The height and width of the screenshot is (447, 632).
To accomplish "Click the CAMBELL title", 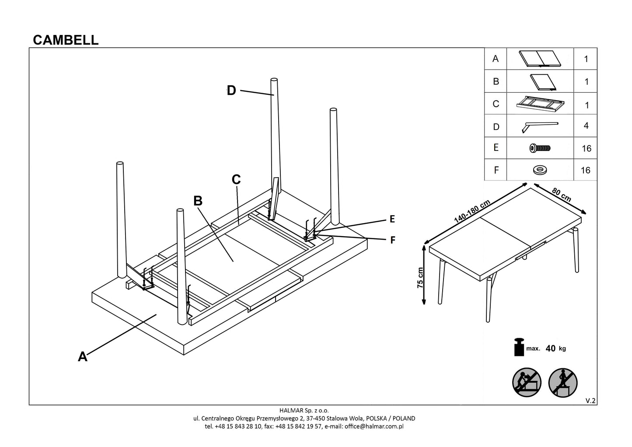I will [66, 40].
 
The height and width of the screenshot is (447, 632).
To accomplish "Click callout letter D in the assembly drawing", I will [231, 91].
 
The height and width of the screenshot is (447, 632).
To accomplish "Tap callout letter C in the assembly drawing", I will [236, 179].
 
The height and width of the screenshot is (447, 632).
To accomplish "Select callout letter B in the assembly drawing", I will [198, 201].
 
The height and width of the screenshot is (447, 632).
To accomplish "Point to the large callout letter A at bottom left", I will [83, 357].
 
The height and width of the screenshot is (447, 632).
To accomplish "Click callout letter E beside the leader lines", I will [392, 219].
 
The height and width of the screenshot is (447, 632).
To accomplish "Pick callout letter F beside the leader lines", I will [392, 240].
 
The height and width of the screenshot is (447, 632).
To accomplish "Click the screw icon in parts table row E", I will [540, 148].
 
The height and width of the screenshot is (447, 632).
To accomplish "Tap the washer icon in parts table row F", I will [540, 170].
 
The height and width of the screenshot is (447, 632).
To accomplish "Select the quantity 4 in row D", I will [586, 126].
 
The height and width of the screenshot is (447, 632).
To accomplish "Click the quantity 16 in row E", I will [586, 149].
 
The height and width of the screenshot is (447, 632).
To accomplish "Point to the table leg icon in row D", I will [540, 126].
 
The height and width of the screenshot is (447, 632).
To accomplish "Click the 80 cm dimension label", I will [561, 195].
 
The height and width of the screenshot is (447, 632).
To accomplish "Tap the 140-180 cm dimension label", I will [472, 212].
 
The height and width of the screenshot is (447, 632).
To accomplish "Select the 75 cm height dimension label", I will [420, 277].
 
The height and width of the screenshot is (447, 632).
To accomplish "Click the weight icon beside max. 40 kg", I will [520, 347].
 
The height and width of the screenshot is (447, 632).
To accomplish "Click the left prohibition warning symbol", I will [527, 383].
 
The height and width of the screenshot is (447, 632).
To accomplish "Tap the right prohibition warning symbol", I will [563, 383].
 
